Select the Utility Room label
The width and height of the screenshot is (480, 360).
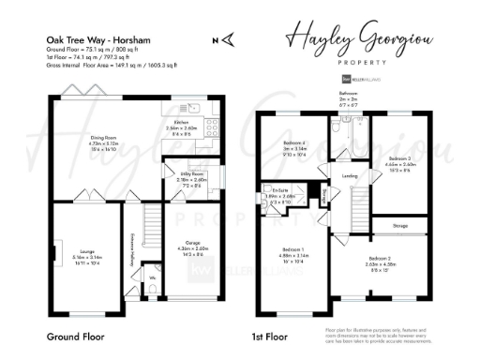[178, 173]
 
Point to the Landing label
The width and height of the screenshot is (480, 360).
[350, 174]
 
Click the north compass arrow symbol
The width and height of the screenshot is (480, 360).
[219, 39]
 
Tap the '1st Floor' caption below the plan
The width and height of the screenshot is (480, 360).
[268, 335]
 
